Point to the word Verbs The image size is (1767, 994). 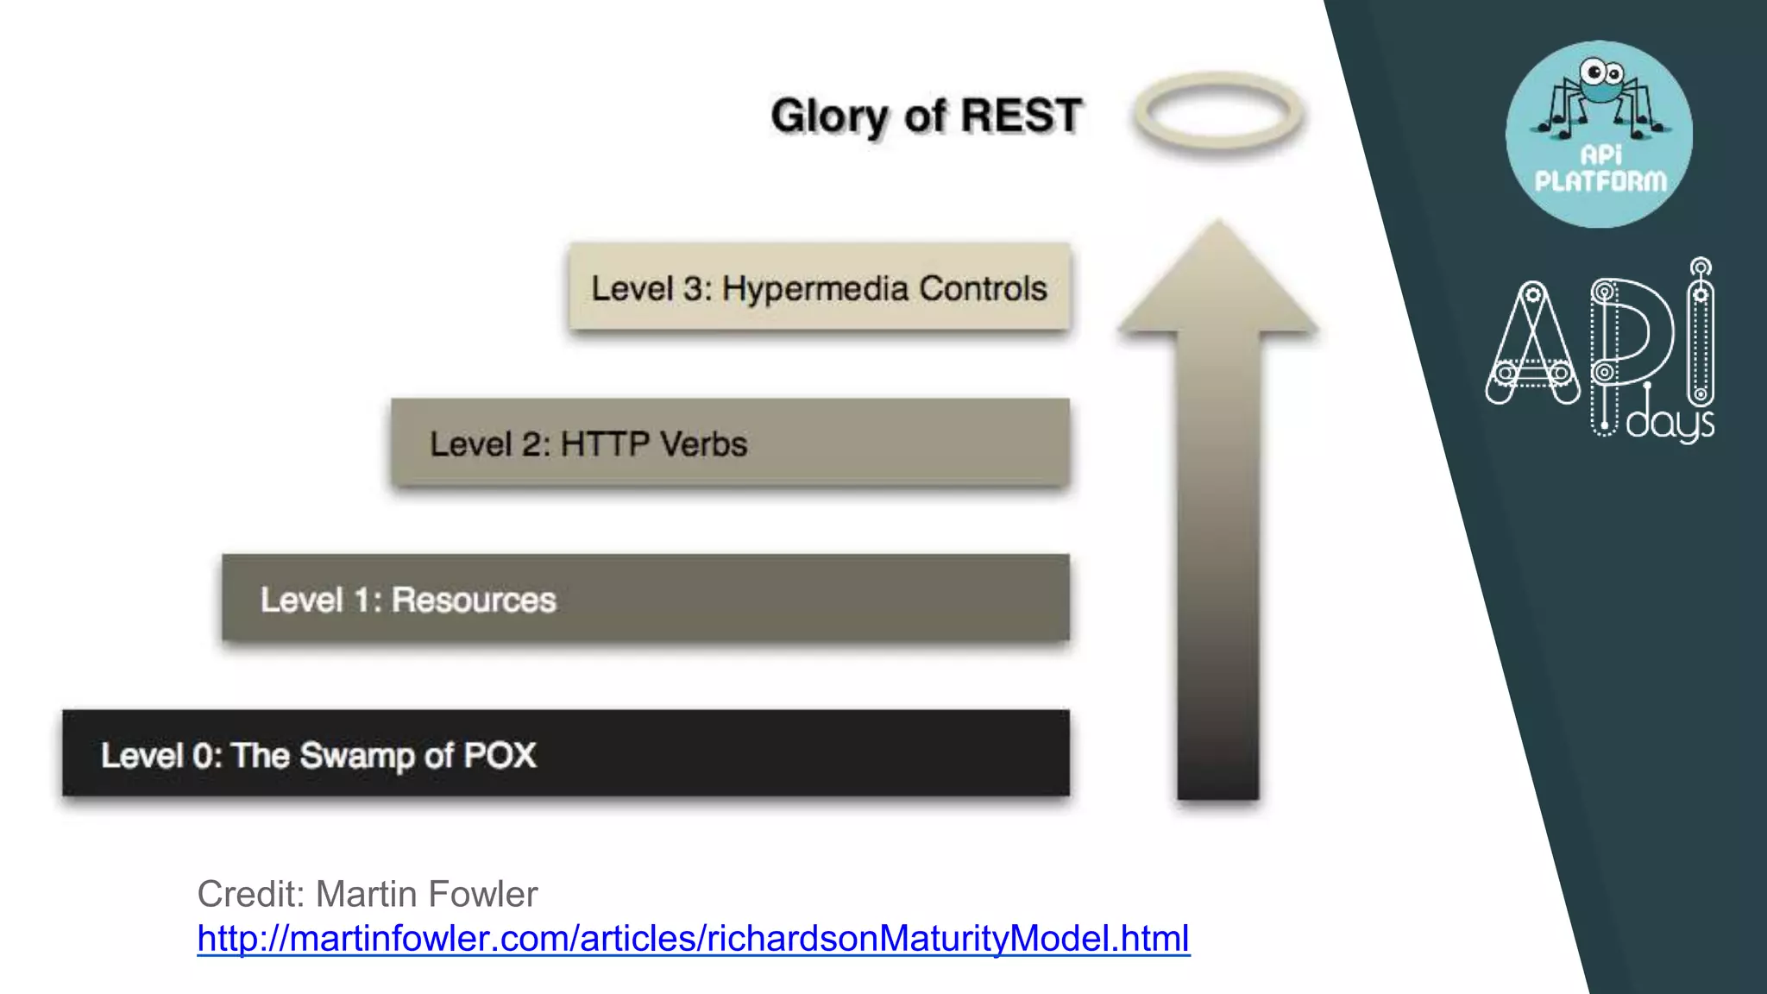[702, 444]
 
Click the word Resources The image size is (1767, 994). [474, 600]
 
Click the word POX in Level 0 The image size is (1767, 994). [500, 756]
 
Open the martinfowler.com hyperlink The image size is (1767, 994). [693, 938]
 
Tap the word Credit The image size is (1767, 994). [249, 894]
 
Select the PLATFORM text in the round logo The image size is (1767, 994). [1600, 181]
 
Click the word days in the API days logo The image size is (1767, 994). [1670, 424]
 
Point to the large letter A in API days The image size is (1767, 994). [1532, 345]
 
